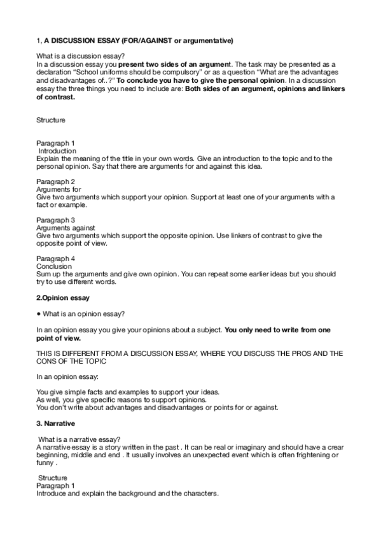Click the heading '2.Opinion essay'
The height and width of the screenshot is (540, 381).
62,297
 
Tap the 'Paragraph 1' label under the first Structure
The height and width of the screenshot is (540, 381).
55,143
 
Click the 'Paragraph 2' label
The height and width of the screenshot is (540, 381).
55,181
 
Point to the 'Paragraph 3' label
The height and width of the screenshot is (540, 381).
55,220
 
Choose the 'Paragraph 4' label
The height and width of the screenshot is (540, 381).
55,258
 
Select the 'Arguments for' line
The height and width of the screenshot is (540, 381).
59,189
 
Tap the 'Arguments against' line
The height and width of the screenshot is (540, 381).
66,227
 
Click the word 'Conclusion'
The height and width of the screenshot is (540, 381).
54,266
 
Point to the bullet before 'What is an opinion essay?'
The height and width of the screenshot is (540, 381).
39,314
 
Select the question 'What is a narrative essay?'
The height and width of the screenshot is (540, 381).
79,439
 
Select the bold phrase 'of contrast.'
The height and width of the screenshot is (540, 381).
55,97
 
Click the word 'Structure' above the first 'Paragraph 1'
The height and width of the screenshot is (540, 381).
50,119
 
